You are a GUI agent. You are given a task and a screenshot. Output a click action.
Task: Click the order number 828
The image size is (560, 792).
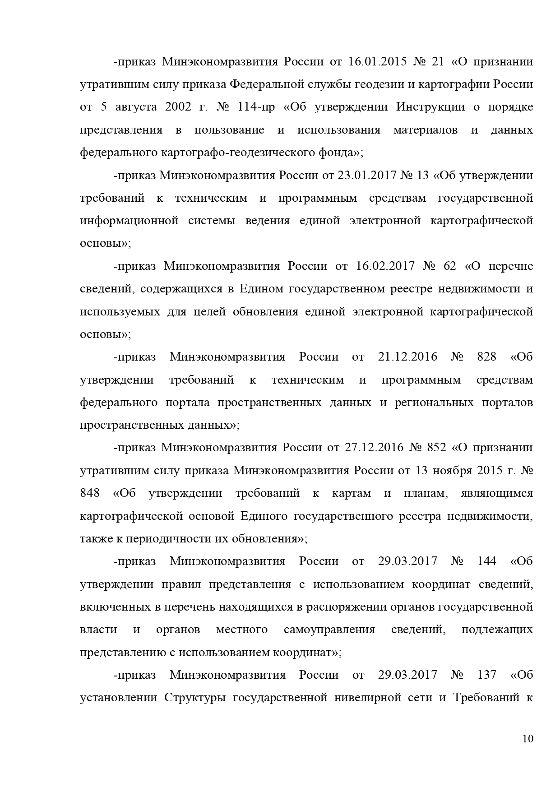[x=486, y=357]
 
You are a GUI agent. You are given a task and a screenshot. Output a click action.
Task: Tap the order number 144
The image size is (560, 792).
[x=486, y=561]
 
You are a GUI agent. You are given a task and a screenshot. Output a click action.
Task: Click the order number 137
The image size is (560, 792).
[x=486, y=675]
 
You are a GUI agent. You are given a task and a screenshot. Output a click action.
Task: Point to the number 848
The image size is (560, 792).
[x=90, y=493]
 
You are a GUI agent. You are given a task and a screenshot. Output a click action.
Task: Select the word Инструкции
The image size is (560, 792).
[x=430, y=107]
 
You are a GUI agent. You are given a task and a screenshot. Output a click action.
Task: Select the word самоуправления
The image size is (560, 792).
[x=329, y=630]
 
